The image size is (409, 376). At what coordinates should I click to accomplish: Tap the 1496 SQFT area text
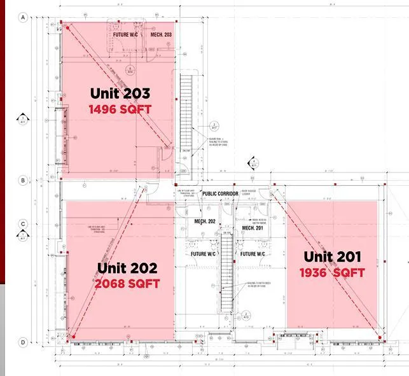[121, 109]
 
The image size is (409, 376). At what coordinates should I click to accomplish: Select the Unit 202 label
[127, 268]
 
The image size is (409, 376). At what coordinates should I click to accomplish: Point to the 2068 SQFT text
[127, 284]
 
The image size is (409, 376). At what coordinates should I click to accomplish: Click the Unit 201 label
[332, 257]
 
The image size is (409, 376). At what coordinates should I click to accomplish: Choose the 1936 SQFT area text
[333, 273]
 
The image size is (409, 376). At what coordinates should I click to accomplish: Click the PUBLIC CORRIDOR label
[220, 193]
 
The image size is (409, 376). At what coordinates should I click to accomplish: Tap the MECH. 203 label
[161, 34]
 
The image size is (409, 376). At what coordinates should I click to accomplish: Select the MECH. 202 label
[205, 221]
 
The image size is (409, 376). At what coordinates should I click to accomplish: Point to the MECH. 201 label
[253, 228]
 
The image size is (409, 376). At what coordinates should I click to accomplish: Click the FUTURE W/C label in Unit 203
[126, 34]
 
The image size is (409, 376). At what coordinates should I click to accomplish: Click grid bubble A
[23, 17]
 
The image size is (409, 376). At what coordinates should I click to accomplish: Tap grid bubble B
[23, 180]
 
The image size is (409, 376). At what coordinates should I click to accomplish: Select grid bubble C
[23, 224]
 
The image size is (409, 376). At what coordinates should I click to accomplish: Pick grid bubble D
[23, 342]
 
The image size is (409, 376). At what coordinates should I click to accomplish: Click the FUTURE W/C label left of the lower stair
[203, 254]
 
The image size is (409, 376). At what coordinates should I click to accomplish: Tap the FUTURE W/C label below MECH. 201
[253, 254]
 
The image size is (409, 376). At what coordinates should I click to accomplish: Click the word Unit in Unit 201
[317, 257]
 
